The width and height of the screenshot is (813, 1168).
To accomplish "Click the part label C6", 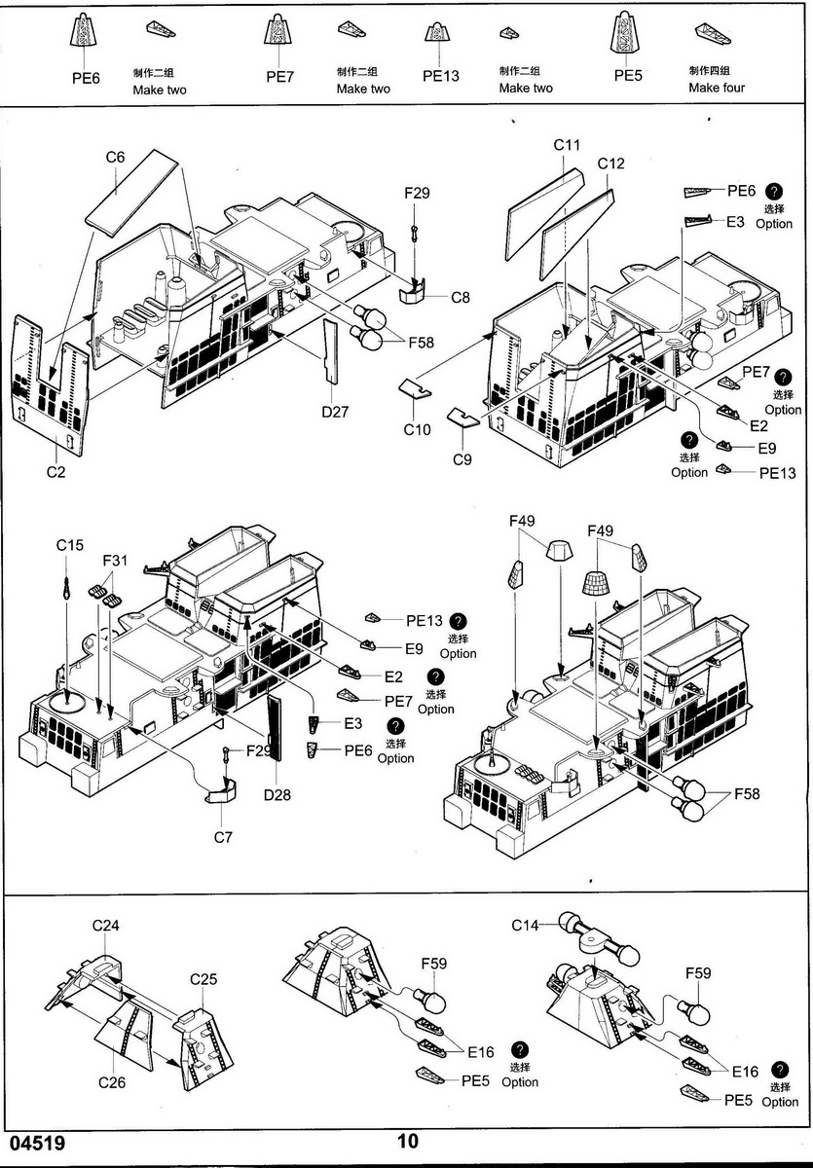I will click(116, 157).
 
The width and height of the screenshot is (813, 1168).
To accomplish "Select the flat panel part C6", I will click(131, 192).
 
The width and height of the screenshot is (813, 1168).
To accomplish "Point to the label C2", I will click(55, 472).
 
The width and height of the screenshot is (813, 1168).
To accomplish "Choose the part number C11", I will click(567, 145).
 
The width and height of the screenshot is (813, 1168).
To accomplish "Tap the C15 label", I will click(69, 546).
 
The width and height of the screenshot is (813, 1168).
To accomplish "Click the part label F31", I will click(116, 562).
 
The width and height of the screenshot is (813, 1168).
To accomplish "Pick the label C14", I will click(526, 926).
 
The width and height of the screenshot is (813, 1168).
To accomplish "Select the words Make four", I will click(717, 88).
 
